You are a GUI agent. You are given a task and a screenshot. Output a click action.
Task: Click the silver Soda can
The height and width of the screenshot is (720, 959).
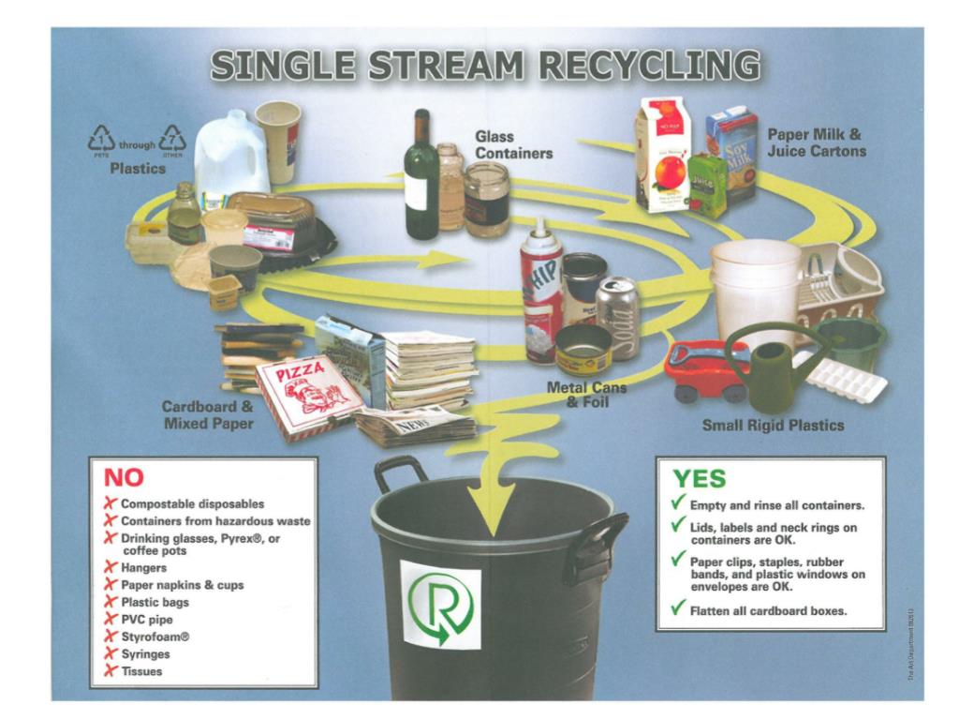[619, 317]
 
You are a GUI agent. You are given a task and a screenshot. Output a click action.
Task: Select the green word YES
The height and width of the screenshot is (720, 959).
[700, 478]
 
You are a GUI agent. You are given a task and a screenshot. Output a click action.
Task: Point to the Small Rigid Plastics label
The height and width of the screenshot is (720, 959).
[773, 426]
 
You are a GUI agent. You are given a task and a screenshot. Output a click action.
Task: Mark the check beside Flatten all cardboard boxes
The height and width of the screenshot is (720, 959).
[677, 609]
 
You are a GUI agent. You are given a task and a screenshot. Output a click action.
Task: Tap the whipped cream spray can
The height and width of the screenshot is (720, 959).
[542, 286]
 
